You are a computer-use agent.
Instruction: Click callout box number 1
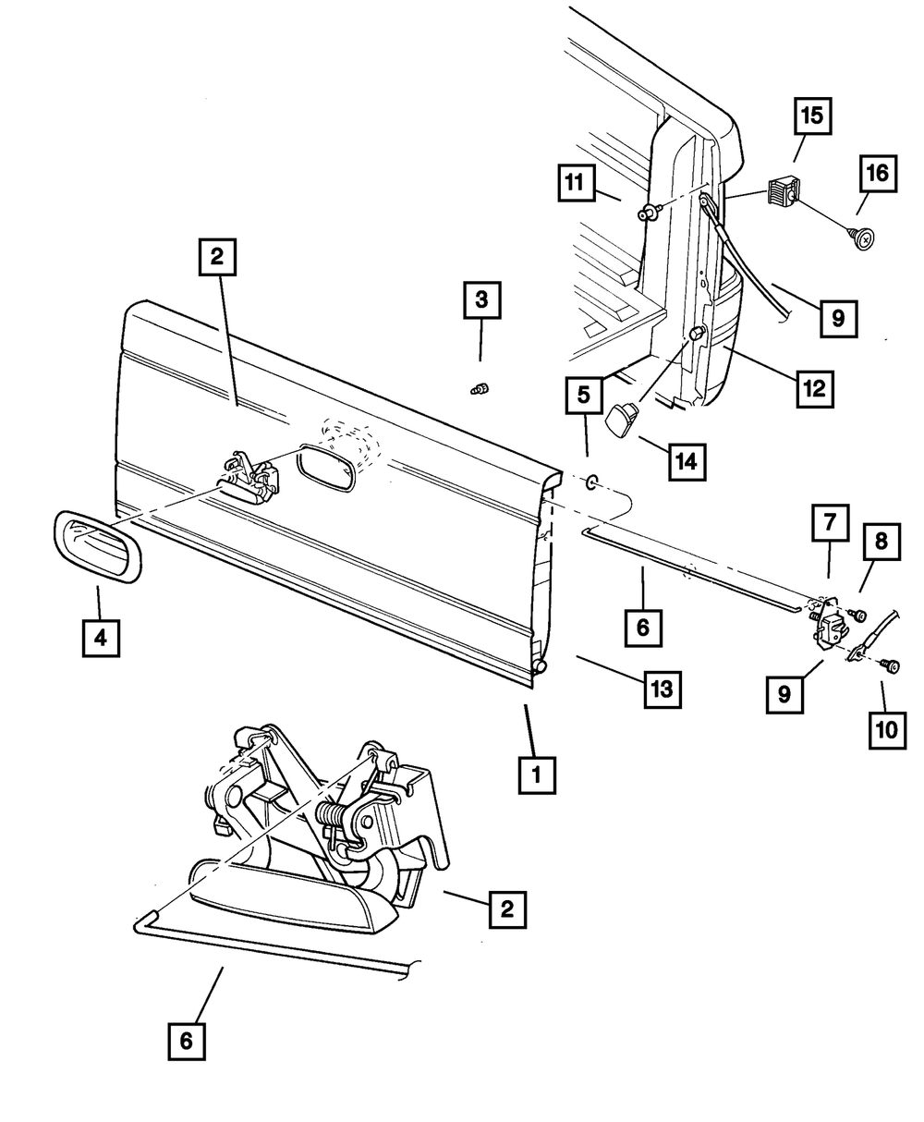click(x=537, y=775)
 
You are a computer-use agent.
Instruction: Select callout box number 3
click(x=481, y=301)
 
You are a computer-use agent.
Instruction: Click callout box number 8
click(x=881, y=542)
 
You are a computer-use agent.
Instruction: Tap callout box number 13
click(x=663, y=689)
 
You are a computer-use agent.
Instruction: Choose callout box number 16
click(x=879, y=173)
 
